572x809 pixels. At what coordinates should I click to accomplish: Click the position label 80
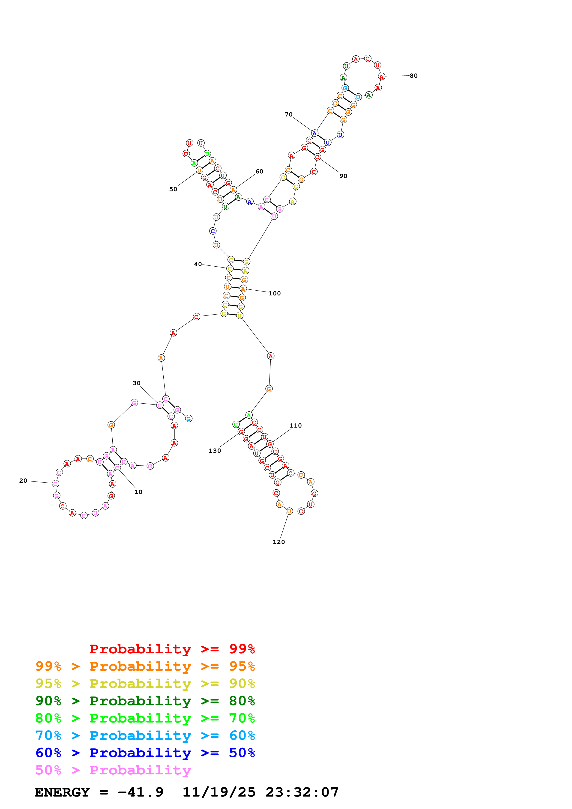[413, 76]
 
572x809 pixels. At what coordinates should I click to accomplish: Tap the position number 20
[23, 481]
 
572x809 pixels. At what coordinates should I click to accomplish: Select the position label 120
[279, 542]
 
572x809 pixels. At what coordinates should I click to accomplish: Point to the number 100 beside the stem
[275, 294]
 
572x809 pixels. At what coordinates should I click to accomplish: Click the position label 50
[173, 189]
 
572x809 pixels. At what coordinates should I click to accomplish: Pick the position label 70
[289, 115]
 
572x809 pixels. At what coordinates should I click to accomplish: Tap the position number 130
[215, 451]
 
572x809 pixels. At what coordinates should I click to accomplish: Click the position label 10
[138, 492]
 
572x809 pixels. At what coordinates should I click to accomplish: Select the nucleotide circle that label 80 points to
[381, 77]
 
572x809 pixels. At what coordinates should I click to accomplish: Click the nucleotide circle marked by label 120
[289, 511]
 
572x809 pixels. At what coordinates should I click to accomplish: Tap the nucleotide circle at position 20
[55, 484]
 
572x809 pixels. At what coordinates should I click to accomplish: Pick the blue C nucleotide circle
[213, 231]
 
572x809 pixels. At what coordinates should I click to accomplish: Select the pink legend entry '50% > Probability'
[113, 770]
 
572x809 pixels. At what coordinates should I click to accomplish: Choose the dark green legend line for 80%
[145, 701]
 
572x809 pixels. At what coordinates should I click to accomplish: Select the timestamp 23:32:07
[302, 792]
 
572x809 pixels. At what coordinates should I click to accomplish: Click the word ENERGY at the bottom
[62, 792]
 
